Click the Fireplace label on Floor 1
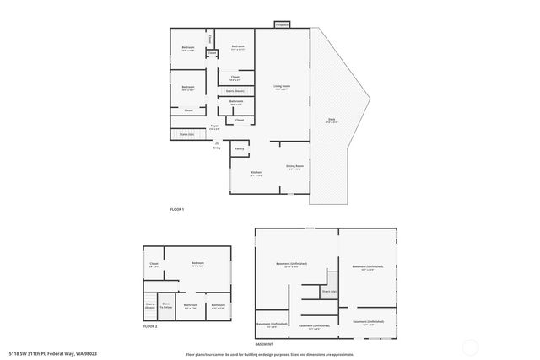click(x=282, y=25)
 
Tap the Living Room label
click(x=281, y=87)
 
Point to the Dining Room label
click(x=294, y=167)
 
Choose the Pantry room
click(x=239, y=148)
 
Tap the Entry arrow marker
click(x=217, y=144)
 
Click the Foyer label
click(x=215, y=126)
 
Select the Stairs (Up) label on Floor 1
click(x=186, y=134)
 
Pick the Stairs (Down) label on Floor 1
click(x=235, y=90)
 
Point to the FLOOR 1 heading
click(x=177, y=209)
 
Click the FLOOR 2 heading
click(x=150, y=325)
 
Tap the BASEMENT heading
click(x=264, y=345)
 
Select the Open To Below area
click(x=167, y=306)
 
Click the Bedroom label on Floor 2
click(x=197, y=264)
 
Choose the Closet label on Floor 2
click(x=154, y=264)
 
